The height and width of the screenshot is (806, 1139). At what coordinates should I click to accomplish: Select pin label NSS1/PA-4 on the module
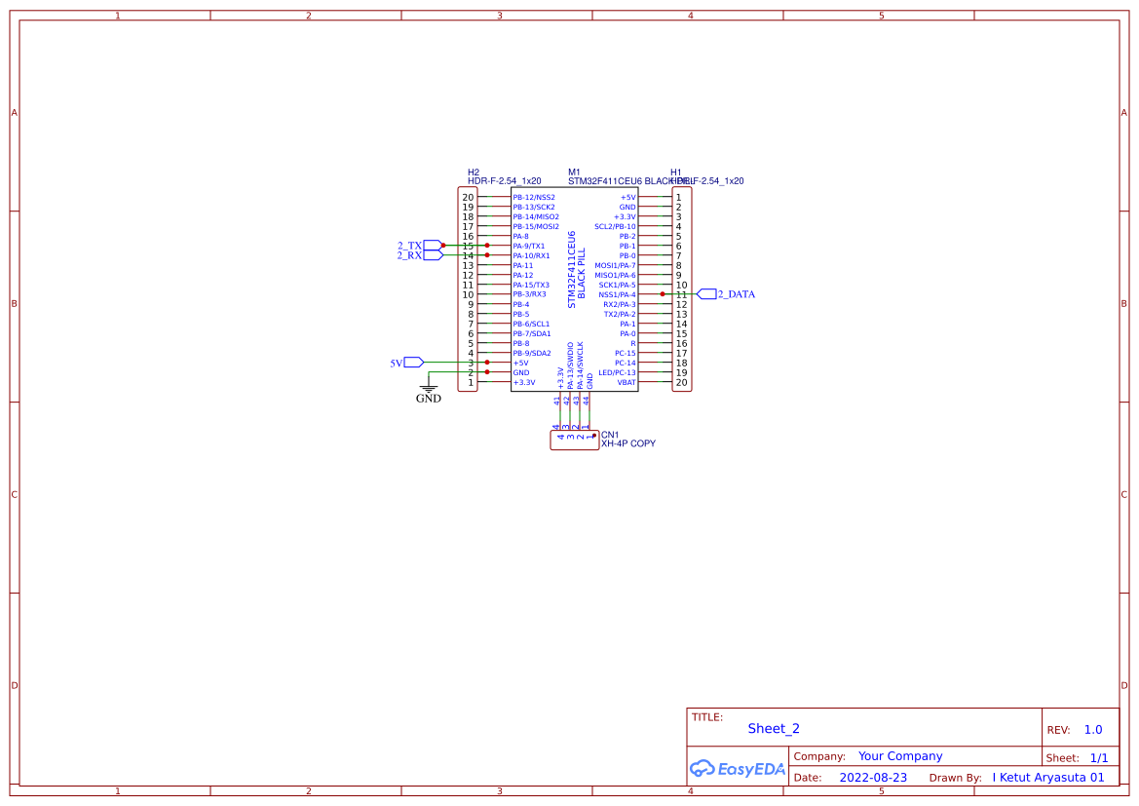617,294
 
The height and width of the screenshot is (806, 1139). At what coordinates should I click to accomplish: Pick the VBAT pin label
626,382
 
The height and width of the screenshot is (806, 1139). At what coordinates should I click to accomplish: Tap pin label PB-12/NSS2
534,197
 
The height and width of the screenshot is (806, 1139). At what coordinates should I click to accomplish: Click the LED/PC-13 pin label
617,372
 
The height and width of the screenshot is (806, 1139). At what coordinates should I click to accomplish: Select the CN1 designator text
610,435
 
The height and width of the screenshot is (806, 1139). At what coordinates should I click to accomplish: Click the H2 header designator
474,173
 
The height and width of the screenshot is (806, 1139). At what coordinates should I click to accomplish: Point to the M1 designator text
574,173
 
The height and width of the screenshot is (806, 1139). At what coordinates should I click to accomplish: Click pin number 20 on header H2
468,198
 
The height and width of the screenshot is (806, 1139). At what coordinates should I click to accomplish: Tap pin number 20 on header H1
682,383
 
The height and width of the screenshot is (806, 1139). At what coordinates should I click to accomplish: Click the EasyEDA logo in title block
737,768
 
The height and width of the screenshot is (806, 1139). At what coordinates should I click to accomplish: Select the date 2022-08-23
873,778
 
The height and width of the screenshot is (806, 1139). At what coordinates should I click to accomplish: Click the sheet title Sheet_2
774,728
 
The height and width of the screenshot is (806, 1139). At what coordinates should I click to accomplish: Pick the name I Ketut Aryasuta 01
1048,778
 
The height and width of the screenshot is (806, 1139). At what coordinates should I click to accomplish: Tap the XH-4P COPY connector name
627,443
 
